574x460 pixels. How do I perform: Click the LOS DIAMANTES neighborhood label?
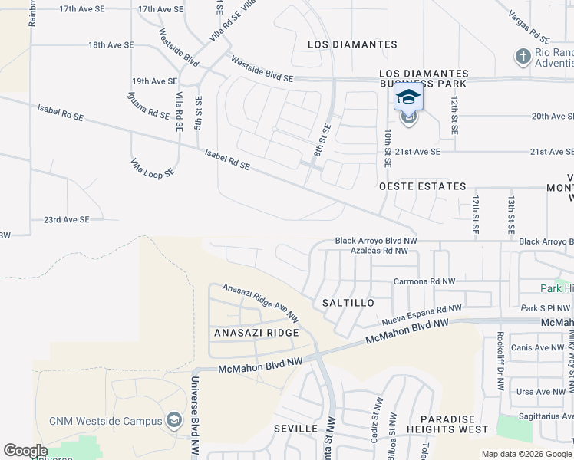click(352, 44)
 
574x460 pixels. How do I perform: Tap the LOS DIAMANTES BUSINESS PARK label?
click(424, 79)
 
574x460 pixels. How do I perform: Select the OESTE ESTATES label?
click(423, 186)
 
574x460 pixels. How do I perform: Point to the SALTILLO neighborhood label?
click(348, 303)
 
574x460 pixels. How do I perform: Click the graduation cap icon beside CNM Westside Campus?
click(174, 420)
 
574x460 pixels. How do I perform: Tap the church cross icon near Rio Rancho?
click(523, 56)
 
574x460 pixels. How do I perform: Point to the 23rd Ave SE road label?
click(66, 219)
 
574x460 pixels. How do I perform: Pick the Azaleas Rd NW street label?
click(374, 251)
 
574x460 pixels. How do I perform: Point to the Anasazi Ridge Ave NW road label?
click(261, 301)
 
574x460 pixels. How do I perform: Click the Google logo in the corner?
click(25, 451)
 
